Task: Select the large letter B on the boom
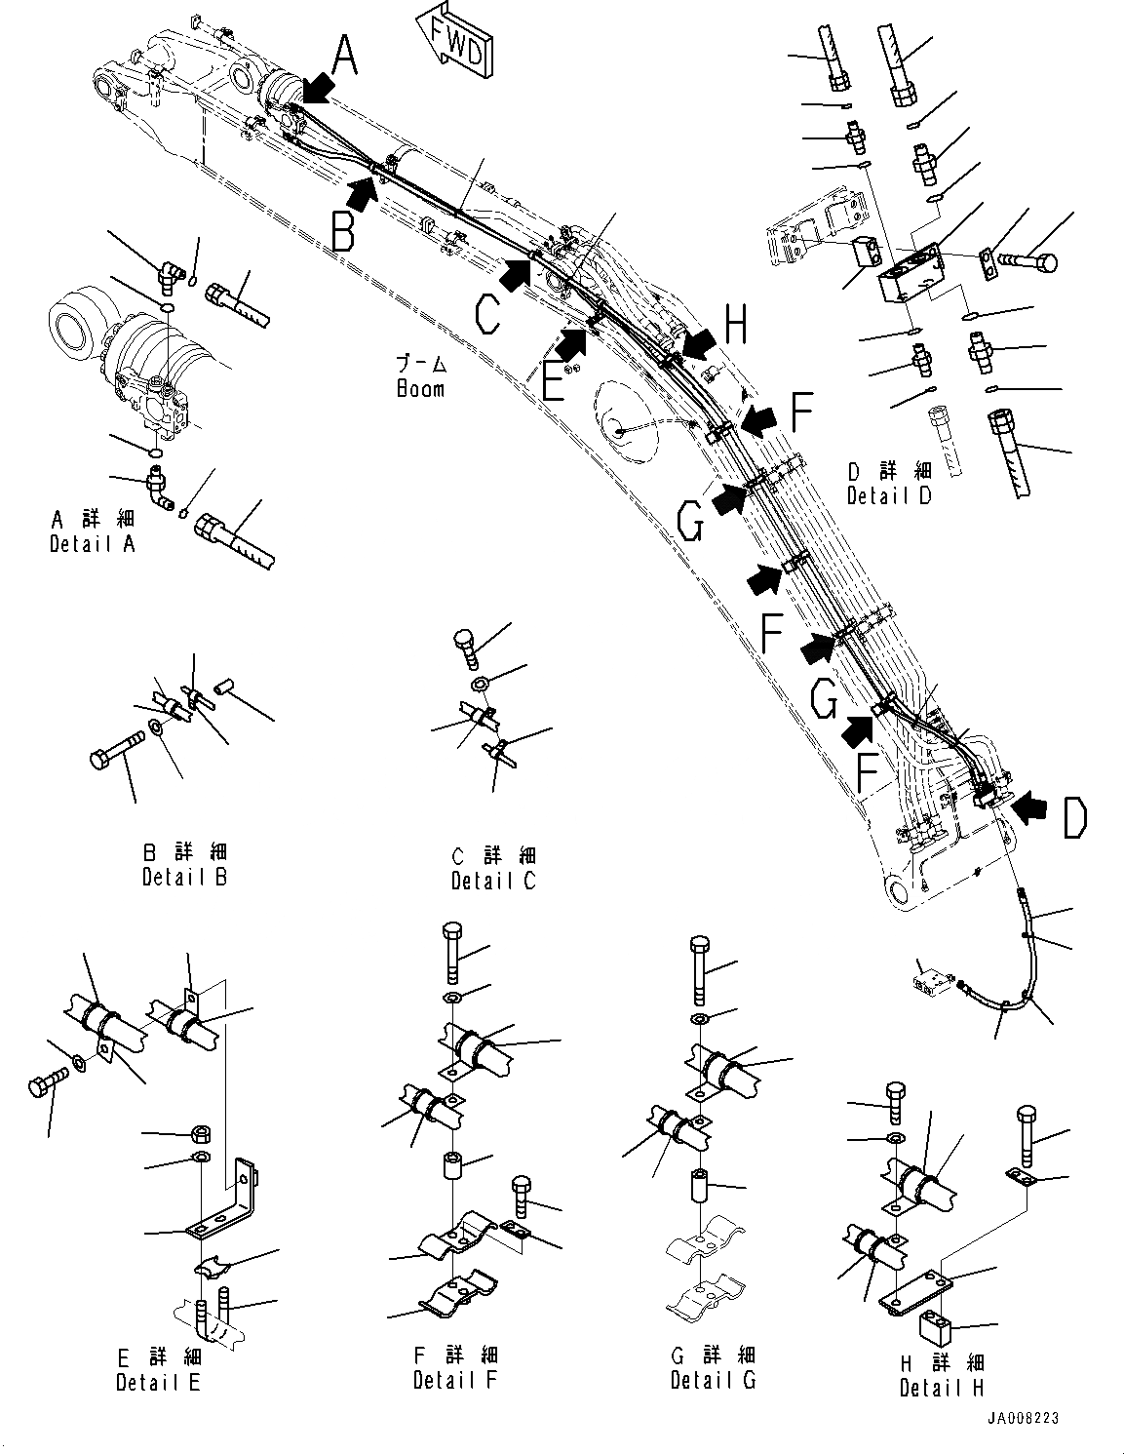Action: [341, 231]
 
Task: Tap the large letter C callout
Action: [488, 315]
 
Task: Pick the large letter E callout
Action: [552, 381]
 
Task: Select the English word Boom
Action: [420, 388]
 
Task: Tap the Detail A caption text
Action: [93, 544]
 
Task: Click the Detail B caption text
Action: [184, 877]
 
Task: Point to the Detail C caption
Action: [493, 881]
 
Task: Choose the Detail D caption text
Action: [889, 494]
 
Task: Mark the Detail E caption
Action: [158, 1382]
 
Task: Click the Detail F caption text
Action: [455, 1380]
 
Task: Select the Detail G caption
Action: [713, 1380]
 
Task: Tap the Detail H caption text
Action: [942, 1388]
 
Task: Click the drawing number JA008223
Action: [1023, 1419]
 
